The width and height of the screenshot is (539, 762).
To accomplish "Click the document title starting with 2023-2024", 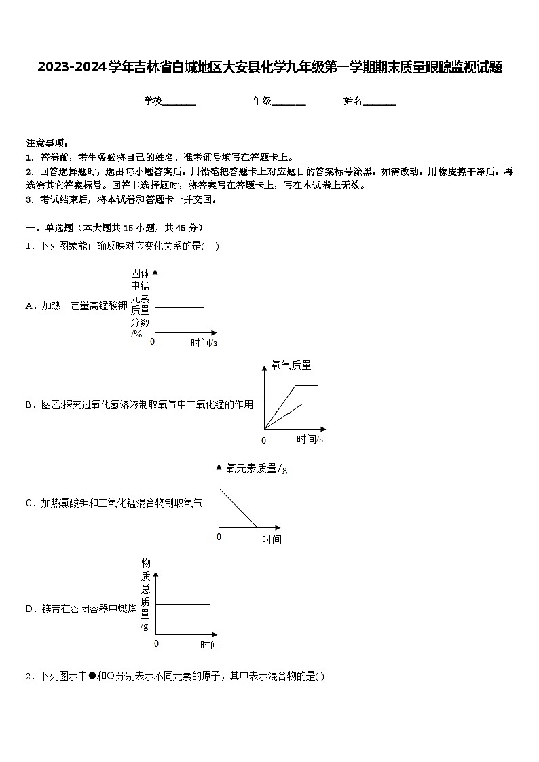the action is tap(269, 67).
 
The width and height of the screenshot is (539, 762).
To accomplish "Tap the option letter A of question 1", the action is tap(30, 306).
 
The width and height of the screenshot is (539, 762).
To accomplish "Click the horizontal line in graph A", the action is tap(180, 307).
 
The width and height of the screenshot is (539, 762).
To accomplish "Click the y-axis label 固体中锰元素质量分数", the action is tap(140, 302).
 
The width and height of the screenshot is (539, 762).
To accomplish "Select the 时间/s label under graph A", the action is tap(204, 343).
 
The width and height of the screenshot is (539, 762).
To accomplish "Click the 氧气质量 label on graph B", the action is tap(291, 366).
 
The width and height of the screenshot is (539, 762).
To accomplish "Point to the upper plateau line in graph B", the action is tap(305, 385).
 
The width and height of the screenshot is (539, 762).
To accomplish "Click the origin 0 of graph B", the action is tap(264, 440).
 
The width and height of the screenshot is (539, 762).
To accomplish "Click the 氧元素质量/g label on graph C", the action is tap(257, 468).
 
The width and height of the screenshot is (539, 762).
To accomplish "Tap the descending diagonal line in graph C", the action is tap(238, 508).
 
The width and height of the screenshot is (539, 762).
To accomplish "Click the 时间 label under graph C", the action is tap(272, 539).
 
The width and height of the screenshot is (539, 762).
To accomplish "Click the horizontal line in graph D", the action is tap(183, 603).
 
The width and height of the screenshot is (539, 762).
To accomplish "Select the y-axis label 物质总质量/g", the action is tap(145, 594).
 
